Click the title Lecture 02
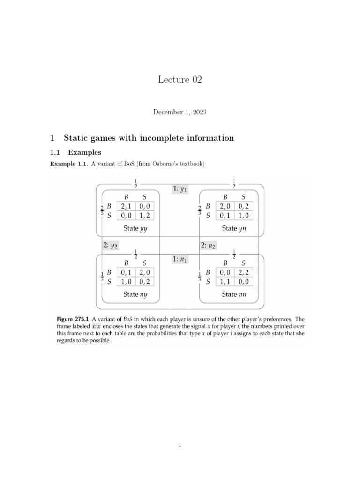coord(180,80)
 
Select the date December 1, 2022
coord(180,112)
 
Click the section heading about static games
coord(142,138)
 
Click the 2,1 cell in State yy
coord(126,206)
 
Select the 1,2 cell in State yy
coord(145,216)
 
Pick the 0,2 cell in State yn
coord(243,206)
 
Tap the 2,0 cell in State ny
coord(145,272)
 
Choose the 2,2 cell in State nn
coord(243,272)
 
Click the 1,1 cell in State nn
coord(225,281)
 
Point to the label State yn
coord(234,229)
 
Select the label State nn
coord(234,294)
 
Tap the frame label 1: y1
coord(180,189)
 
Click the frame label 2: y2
coord(110,245)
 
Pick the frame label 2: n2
coord(208,245)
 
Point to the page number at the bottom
coord(180,445)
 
